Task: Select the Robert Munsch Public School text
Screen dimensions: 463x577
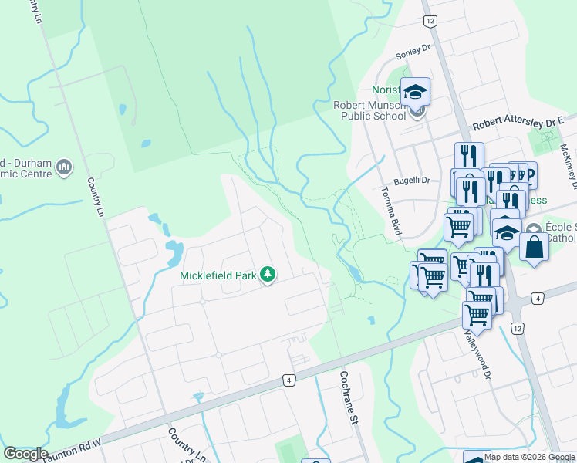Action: tap(369, 110)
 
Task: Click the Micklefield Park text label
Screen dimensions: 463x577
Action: tap(219, 275)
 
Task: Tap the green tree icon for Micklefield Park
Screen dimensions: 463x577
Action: tap(268, 275)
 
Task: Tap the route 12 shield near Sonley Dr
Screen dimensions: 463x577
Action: tap(430, 21)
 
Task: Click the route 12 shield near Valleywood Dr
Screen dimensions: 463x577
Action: tap(517, 329)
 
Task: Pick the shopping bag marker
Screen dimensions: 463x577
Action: tap(533, 248)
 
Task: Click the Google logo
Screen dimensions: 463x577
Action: tap(25, 454)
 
